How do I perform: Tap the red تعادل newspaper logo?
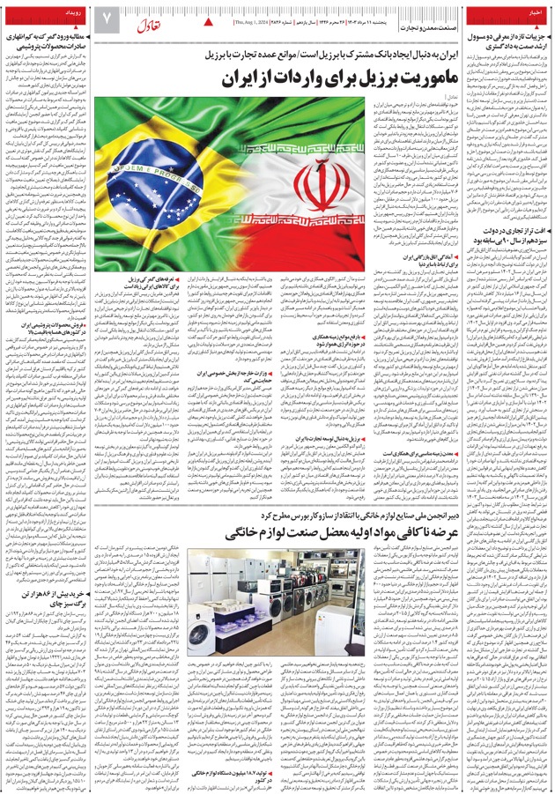151,20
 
